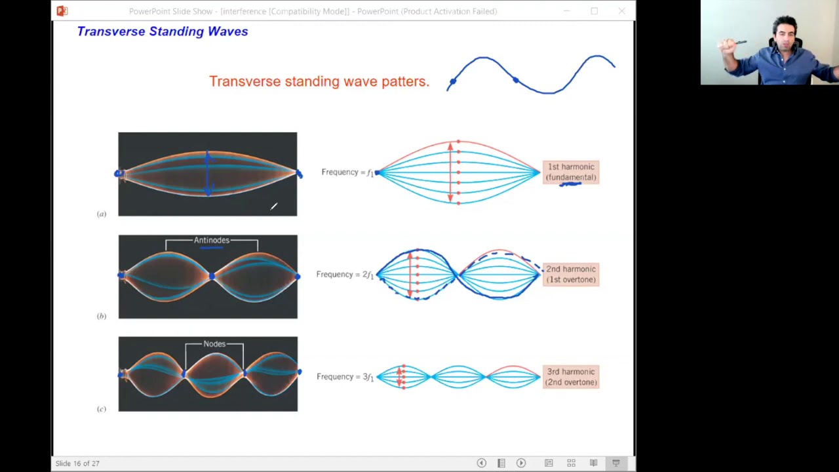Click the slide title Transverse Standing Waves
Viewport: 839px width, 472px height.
pyautogui.click(x=162, y=31)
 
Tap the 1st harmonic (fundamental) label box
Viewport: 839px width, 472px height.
pyautogui.click(x=570, y=172)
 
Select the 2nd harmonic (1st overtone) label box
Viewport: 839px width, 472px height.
pyautogui.click(x=570, y=274)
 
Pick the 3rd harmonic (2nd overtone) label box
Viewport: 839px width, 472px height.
pyautogui.click(x=570, y=377)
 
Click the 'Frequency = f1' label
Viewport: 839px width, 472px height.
pyautogui.click(x=347, y=172)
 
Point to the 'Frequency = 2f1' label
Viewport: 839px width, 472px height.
pyautogui.click(x=344, y=275)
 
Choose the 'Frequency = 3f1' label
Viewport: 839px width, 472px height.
pyautogui.click(x=344, y=377)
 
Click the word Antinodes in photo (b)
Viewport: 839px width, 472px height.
pyautogui.click(x=211, y=241)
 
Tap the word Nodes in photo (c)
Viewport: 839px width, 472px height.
pyautogui.click(x=214, y=344)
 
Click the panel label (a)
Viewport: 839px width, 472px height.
pyautogui.click(x=102, y=214)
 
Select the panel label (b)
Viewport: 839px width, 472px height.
pyautogui.click(x=102, y=316)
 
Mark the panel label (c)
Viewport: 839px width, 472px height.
pyautogui.click(x=102, y=409)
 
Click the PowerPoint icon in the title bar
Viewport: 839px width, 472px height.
pyautogui.click(x=62, y=11)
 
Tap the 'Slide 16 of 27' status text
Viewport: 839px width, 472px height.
pyautogui.click(x=77, y=463)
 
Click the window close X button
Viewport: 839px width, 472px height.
pyautogui.click(x=621, y=11)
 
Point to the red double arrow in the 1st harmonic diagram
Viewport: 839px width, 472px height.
pyautogui.click(x=450, y=172)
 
